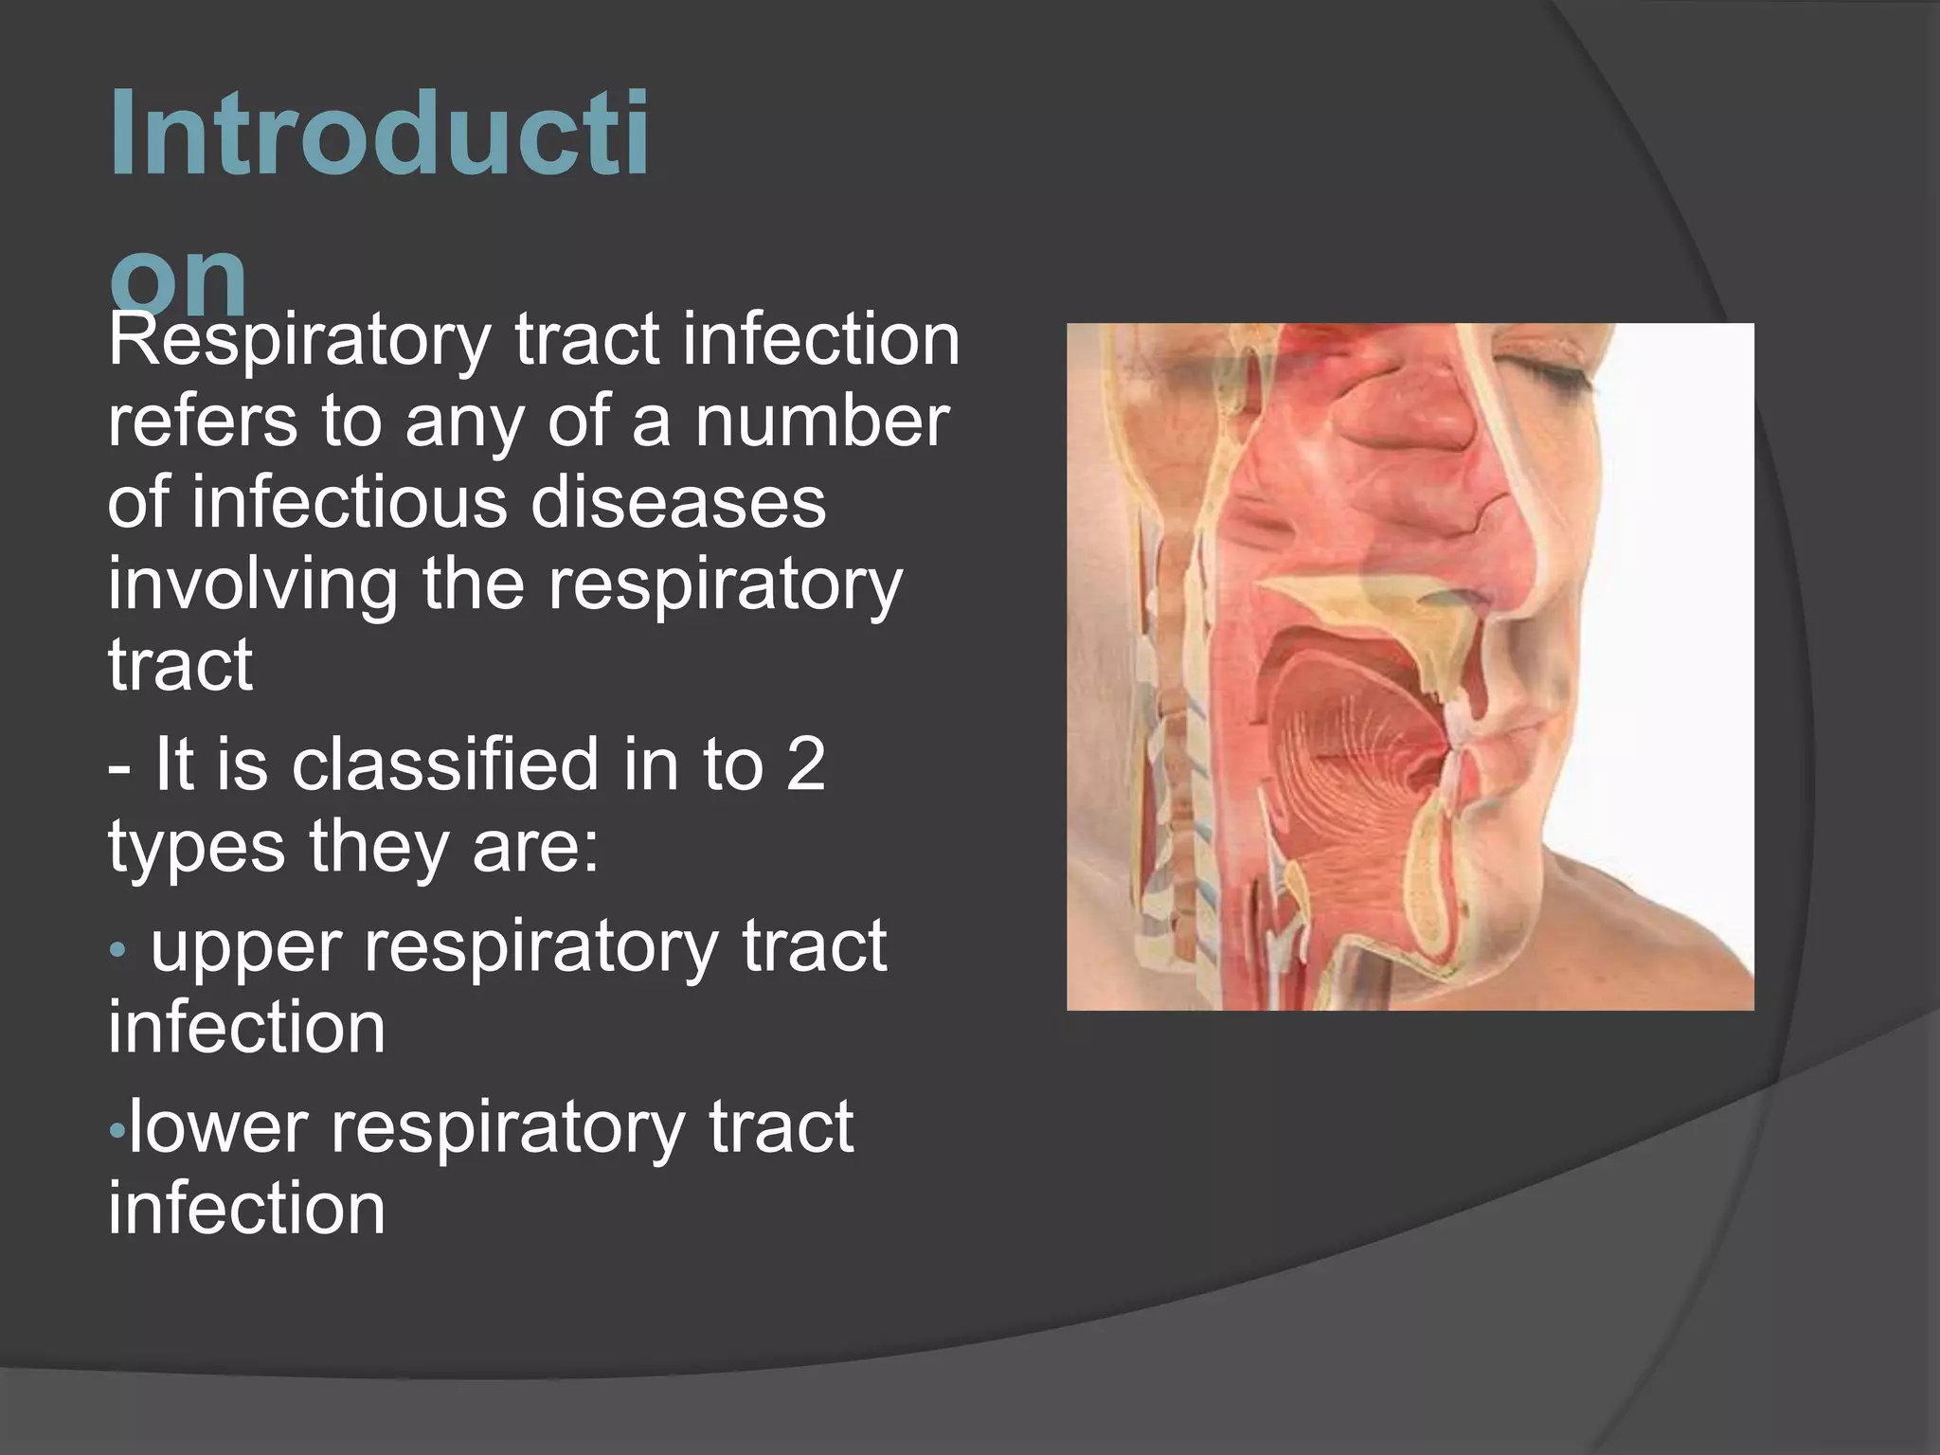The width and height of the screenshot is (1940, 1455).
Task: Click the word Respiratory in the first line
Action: (298, 341)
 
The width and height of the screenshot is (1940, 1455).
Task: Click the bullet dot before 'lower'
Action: (117, 1130)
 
